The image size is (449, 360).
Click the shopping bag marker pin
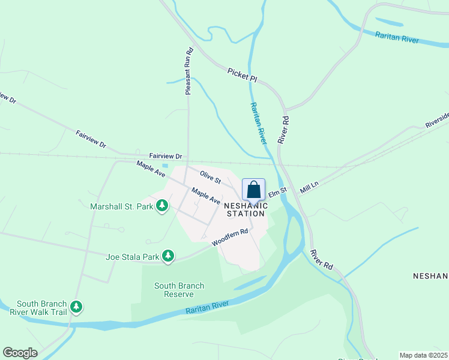click(x=254, y=190)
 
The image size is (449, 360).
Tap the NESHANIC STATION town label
click(x=245, y=209)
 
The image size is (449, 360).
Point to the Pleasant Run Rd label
click(x=188, y=71)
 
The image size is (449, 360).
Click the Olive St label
click(x=210, y=177)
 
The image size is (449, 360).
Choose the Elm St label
click(x=279, y=194)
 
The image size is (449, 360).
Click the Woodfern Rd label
click(x=230, y=238)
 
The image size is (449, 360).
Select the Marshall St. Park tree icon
click(x=161, y=206)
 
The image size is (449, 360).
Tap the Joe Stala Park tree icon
click(x=169, y=256)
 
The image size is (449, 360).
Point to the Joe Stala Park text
click(x=133, y=257)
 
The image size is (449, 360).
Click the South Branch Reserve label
click(x=179, y=290)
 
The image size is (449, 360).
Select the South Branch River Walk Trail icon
click(x=76, y=307)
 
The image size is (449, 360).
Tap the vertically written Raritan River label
click(x=258, y=124)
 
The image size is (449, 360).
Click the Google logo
click(x=20, y=353)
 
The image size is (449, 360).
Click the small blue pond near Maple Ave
click(x=165, y=166)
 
